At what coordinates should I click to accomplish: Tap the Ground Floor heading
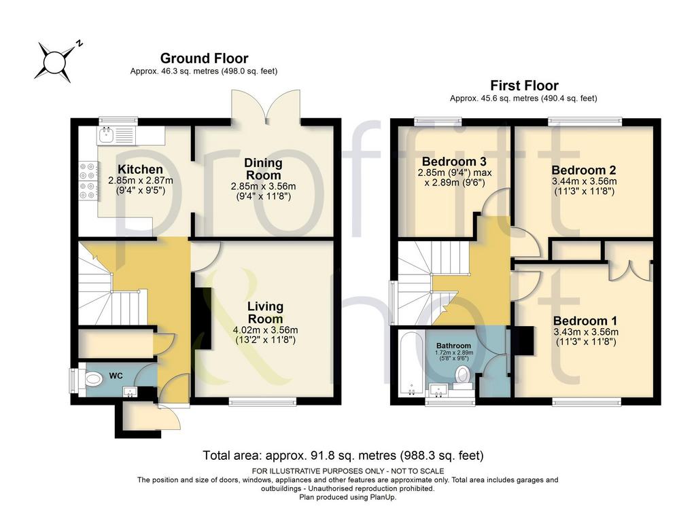[204, 58]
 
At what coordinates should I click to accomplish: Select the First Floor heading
[524, 85]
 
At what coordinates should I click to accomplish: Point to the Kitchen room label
[140, 169]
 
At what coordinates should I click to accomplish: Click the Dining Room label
[263, 169]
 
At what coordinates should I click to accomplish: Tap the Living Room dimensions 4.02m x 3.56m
[266, 330]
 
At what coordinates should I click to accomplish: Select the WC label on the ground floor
[116, 376]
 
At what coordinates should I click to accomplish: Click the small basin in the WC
[130, 392]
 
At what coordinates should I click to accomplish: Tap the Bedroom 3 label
[454, 161]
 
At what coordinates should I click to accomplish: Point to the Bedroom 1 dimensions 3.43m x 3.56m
[586, 331]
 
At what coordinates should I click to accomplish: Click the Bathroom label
[453, 346]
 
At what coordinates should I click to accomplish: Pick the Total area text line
[343, 456]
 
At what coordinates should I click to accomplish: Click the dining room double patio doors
[266, 107]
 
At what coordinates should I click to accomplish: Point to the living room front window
[263, 401]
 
